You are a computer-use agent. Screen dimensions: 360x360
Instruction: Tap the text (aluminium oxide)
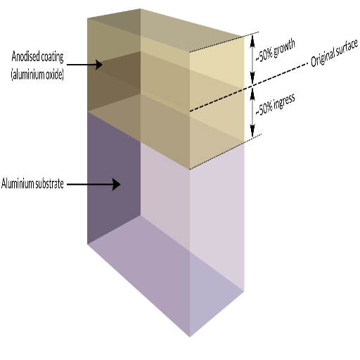tap(37, 75)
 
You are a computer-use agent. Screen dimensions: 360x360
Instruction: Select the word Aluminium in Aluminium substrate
tap(16, 184)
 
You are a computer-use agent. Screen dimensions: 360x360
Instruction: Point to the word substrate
tap(49, 184)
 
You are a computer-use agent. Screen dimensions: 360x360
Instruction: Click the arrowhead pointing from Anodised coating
tap(98, 65)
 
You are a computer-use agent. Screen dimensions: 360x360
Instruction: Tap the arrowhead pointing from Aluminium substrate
tap(116, 184)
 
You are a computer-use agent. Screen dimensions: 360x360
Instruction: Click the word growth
tap(284, 48)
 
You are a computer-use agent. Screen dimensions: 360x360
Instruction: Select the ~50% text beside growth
tap(264, 56)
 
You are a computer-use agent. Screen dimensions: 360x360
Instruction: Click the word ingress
tap(284, 102)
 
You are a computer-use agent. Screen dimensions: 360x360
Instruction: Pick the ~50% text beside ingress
tap(264, 109)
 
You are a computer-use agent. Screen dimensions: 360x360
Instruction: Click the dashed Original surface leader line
tap(248, 87)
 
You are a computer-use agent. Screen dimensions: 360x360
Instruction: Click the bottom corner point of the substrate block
tap(189, 337)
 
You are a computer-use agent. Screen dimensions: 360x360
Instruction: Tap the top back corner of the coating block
tap(140, 8)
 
